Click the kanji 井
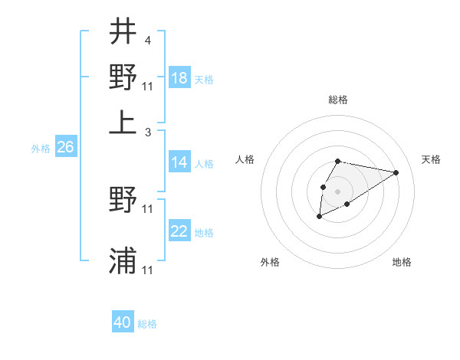coord(123,32)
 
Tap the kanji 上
coord(123,121)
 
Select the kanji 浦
coord(123,260)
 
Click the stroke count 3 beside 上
coord(147,132)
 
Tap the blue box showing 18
coord(179,77)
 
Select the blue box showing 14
coord(179,162)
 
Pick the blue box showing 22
coord(179,231)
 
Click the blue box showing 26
coord(65,148)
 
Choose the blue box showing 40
coord(123,322)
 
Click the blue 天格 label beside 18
coord(204,80)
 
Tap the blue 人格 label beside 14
coord(204,164)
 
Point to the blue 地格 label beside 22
coord(204,233)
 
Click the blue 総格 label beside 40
coord(147,324)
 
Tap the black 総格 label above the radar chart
coord(337,100)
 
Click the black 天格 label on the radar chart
coord(431,159)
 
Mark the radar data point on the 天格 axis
coord(396,172)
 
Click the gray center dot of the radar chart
coord(337,190)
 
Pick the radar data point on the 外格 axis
coord(319,217)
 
